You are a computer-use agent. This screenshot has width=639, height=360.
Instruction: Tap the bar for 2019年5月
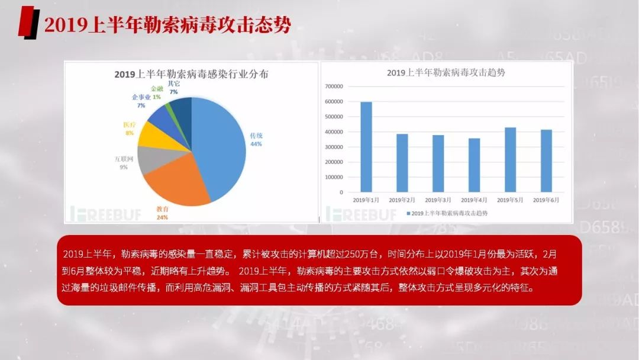click(x=510, y=160)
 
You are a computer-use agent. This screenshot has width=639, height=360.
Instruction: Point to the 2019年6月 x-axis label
click(x=546, y=200)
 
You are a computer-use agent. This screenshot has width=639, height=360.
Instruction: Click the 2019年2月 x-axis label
click(x=402, y=200)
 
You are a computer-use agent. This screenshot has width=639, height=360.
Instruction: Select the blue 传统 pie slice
click(x=222, y=145)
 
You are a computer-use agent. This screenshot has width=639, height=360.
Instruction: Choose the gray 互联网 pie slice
click(x=147, y=157)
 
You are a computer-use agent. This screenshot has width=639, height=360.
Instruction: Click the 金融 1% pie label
click(x=156, y=93)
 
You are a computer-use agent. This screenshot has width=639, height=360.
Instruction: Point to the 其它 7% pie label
click(x=173, y=88)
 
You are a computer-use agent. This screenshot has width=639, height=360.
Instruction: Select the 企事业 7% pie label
click(x=141, y=101)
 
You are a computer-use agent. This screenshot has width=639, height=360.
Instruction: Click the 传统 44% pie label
click(x=256, y=140)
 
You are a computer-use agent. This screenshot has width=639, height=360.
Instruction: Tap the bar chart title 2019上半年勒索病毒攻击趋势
click(x=446, y=73)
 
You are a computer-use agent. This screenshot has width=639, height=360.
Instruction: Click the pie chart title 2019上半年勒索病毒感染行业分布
click(x=191, y=75)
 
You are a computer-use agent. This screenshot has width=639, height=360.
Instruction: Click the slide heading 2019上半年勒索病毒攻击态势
click(x=167, y=25)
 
